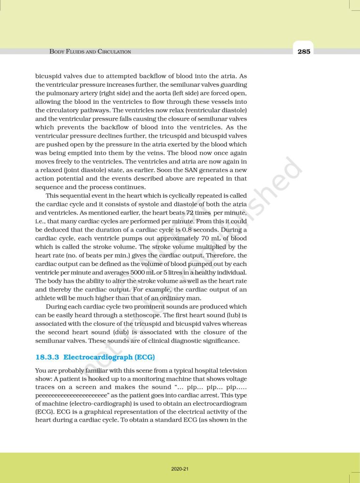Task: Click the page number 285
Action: (304, 51)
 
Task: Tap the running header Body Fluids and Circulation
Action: (90, 51)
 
